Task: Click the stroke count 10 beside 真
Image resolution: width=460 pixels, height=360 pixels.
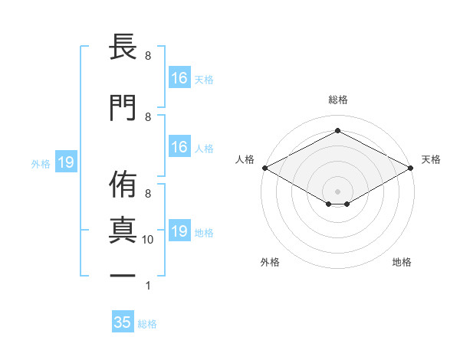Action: (x=148, y=240)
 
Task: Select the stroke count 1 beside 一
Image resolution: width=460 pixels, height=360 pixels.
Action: (x=148, y=286)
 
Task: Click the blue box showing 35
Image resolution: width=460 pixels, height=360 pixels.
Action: (x=123, y=322)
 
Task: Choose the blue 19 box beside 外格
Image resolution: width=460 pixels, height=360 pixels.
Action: (x=65, y=162)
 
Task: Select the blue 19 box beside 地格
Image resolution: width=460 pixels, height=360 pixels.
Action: (x=179, y=231)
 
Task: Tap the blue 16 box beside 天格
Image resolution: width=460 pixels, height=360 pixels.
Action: (x=179, y=77)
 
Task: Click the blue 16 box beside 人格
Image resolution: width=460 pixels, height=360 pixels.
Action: (x=179, y=147)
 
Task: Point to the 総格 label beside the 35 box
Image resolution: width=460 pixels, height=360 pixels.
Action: (x=147, y=324)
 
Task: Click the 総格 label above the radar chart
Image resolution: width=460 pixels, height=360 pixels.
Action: (x=337, y=100)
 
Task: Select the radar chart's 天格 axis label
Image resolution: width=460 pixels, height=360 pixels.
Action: (x=431, y=159)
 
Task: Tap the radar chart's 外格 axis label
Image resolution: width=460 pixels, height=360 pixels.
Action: (x=270, y=263)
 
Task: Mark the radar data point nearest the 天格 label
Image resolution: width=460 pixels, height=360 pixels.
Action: (x=412, y=168)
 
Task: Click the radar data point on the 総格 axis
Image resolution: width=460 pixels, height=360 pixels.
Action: (x=337, y=131)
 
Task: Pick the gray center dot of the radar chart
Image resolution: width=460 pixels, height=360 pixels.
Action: (x=337, y=190)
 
